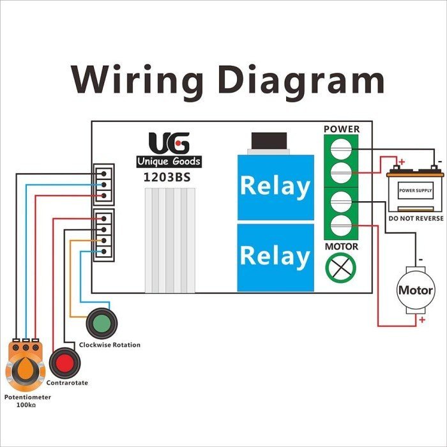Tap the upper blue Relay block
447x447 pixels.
[x=275, y=186]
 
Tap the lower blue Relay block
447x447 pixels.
[x=275, y=256]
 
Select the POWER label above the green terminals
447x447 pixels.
[x=342, y=129]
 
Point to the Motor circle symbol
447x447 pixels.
[x=416, y=290]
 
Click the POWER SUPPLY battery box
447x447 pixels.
[x=415, y=191]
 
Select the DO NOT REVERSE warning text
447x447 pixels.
[x=415, y=219]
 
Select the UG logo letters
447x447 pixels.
[x=169, y=142]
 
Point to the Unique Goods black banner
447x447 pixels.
[x=169, y=162]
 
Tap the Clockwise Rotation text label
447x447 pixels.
[x=109, y=345]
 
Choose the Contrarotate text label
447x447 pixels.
[x=67, y=383]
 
